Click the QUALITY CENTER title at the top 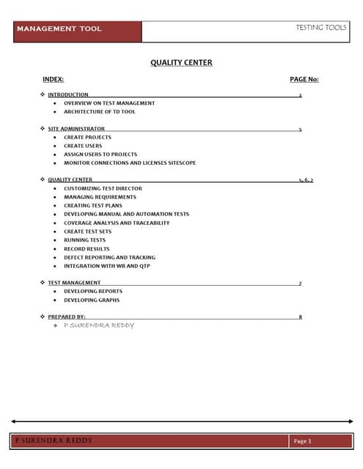click(181, 62)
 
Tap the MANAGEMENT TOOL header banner click(59, 29)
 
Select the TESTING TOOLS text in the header click(320, 27)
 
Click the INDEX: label click(54, 79)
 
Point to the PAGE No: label click(304, 79)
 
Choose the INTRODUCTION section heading click(68, 95)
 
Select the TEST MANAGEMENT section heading click(74, 282)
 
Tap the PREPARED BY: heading click(67, 317)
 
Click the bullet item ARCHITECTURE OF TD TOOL click(99, 111)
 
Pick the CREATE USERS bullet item click(83, 146)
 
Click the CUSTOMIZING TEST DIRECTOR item click(103, 188)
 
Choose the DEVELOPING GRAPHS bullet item click(92, 300)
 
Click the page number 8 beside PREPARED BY click(301, 317)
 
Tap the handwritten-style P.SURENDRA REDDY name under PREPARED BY click(99, 325)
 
